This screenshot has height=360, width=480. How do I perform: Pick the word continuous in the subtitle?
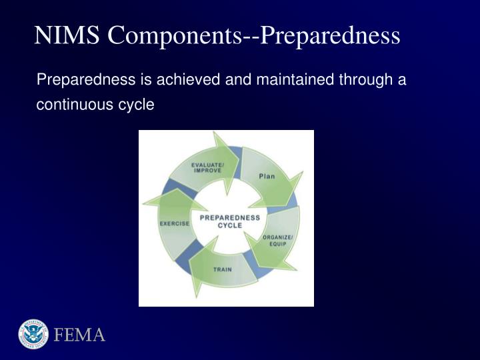[x=71, y=105]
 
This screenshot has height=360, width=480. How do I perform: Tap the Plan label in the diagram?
[x=267, y=176]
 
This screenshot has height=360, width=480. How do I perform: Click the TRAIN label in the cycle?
[x=222, y=269]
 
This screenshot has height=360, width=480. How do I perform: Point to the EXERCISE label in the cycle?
[x=174, y=223]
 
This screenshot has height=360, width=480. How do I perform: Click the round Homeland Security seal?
[x=33, y=334]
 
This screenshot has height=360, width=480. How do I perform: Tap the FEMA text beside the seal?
[x=80, y=335]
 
